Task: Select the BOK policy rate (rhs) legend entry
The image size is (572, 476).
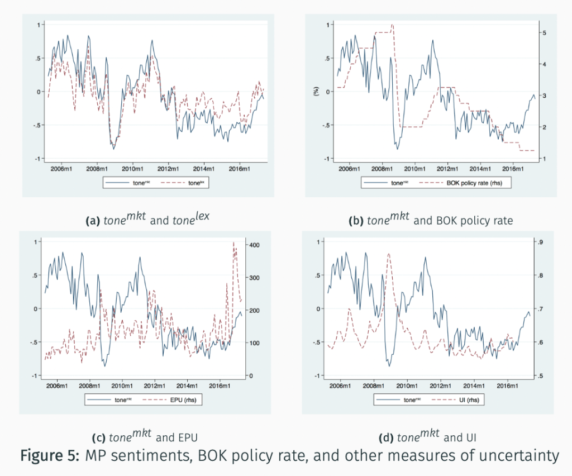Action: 472,182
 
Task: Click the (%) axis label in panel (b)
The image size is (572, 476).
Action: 316,91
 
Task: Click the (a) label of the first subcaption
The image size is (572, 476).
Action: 92,221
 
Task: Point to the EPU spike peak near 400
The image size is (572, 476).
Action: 233,242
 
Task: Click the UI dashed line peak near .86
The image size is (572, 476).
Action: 388,254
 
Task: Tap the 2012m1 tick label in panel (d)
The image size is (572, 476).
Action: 441,385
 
